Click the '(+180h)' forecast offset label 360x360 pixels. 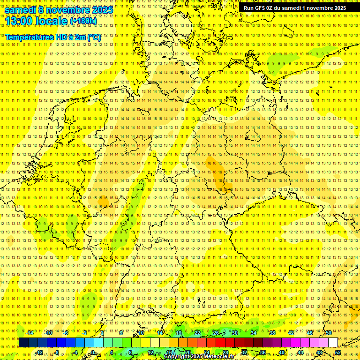pos(83,21)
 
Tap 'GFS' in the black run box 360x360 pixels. pos(260,8)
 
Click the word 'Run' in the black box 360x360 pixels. pos(249,8)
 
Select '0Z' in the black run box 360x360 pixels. pos(270,8)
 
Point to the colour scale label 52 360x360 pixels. pos(338,352)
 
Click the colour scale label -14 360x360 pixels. pos(30,333)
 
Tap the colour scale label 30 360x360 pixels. pos(235,333)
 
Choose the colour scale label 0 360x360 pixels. pos(93,352)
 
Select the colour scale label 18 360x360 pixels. pos(179,333)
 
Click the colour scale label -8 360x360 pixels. pos(57,352)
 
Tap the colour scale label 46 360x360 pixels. pos(310,333)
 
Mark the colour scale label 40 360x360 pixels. pos(282,352)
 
